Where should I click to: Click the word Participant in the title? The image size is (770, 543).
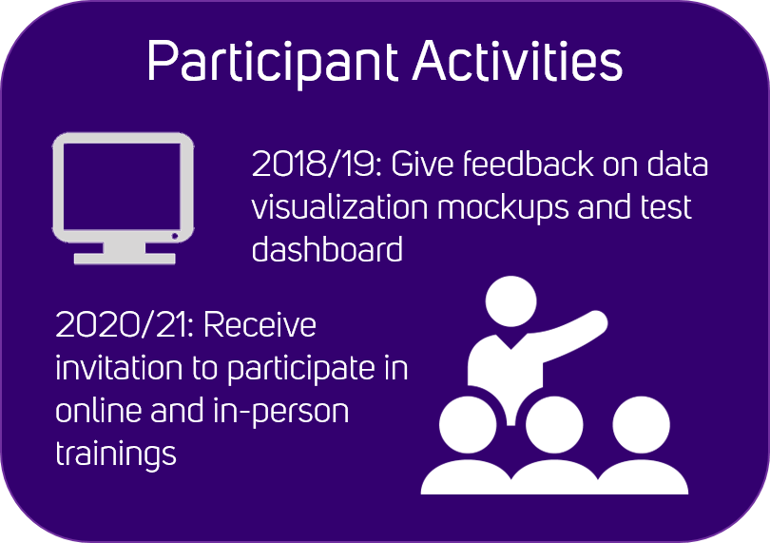(273, 63)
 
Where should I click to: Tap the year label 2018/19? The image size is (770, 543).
(317, 165)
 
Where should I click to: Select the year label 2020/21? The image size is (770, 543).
(125, 325)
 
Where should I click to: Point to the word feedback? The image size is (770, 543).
(528, 164)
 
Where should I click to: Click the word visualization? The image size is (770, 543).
(339, 207)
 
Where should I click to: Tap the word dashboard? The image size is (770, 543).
(327, 248)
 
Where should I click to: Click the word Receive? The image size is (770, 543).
(260, 325)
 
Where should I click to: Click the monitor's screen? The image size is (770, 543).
(122, 186)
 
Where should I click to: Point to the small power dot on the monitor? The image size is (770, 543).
(174, 237)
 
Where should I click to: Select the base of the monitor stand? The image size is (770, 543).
(125, 259)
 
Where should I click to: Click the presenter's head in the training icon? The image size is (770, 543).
(510, 301)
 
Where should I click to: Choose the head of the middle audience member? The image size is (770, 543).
(554, 425)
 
